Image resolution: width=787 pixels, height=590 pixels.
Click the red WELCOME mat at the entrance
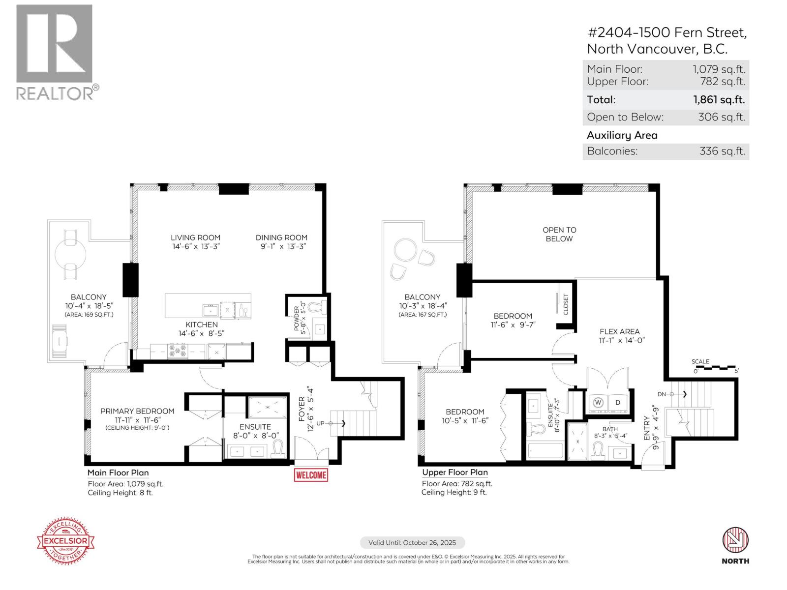pyautogui.click(x=311, y=475)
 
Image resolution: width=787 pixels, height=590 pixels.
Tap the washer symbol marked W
pyautogui.click(x=598, y=402)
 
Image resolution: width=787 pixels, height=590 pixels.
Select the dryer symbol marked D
pyautogui.click(x=618, y=402)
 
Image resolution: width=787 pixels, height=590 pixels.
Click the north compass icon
pyautogui.click(x=735, y=540)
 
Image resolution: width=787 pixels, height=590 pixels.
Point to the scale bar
pyautogui.click(x=715, y=367)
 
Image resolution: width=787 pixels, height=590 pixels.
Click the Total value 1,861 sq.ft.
pyautogui.click(x=719, y=100)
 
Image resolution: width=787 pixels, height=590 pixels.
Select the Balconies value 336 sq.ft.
pyautogui.click(x=722, y=151)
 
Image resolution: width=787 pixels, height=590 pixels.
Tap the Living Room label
pyautogui.click(x=195, y=237)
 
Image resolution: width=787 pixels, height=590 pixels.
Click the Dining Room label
pyautogui.click(x=281, y=237)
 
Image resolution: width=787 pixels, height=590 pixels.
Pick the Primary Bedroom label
pyautogui.click(x=137, y=411)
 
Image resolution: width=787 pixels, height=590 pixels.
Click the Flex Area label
pyautogui.click(x=619, y=331)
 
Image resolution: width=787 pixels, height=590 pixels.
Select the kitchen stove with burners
pyautogui.click(x=178, y=351)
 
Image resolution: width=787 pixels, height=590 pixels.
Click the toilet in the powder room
pyautogui.click(x=321, y=307)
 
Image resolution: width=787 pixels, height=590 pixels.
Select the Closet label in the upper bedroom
pyautogui.click(x=566, y=305)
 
